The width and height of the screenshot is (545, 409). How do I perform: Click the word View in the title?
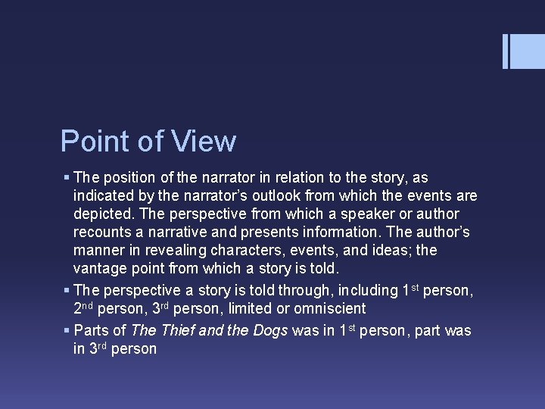tap(204, 142)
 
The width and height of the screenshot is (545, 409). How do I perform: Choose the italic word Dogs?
tap(266, 331)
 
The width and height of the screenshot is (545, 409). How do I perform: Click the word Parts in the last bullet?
tap(90, 331)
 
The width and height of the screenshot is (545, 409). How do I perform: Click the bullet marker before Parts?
tap(67, 331)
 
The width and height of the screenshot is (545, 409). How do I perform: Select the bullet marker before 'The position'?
tap(67, 178)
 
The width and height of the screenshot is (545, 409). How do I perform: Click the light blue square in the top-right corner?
tap(528, 52)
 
